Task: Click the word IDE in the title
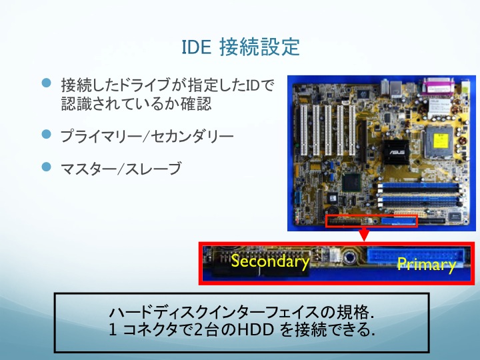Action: pos(197,47)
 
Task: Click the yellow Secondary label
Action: pos(270,262)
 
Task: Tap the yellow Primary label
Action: pos(426,265)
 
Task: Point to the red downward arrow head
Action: pos(364,235)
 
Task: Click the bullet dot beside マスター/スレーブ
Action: pos(46,167)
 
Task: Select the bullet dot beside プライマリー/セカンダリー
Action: pos(46,134)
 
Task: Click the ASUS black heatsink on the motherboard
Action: pos(396,151)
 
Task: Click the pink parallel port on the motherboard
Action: pos(439,86)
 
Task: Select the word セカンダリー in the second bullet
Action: pos(192,136)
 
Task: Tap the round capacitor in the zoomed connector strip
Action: pos(349,257)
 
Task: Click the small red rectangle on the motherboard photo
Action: pos(371,221)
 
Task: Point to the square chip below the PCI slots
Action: pos(351,183)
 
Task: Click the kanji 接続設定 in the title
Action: pos(259,47)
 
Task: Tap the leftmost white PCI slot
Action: pos(304,130)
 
